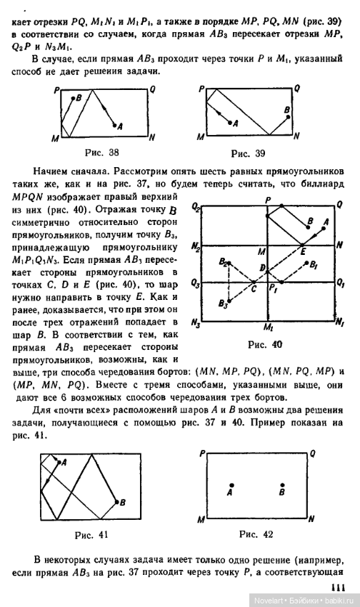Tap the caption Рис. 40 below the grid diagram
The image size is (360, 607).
pyautogui.click(x=265, y=344)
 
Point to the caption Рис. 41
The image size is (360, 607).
pyautogui.click(x=94, y=534)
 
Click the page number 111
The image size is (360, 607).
pyautogui.click(x=341, y=587)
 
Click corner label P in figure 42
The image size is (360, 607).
pyautogui.click(x=204, y=453)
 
